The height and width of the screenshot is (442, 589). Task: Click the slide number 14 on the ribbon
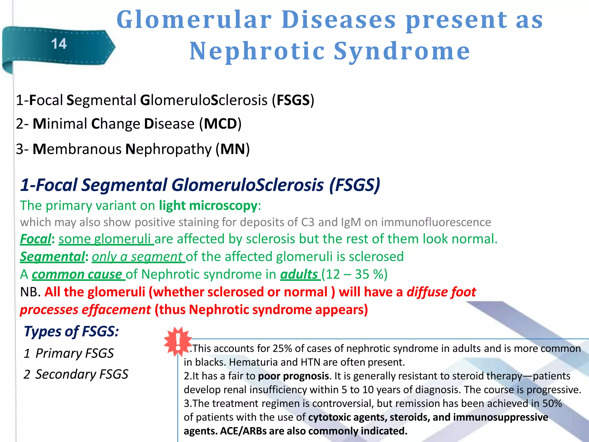click(x=59, y=44)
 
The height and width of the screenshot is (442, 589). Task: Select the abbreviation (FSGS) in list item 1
click(x=293, y=100)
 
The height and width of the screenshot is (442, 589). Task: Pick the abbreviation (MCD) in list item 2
click(x=220, y=124)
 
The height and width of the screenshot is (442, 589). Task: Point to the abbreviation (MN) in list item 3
click(x=233, y=149)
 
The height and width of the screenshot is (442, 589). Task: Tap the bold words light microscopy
click(x=208, y=205)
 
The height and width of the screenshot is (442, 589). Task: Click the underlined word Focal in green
click(x=36, y=239)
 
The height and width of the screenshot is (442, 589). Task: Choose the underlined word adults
click(x=299, y=274)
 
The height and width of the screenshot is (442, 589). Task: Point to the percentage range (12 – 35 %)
click(x=354, y=274)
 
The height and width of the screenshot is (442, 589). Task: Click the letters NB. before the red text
click(x=30, y=292)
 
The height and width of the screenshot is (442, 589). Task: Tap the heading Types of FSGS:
click(x=71, y=331)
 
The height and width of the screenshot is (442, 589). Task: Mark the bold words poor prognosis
click(x=293, y=376)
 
